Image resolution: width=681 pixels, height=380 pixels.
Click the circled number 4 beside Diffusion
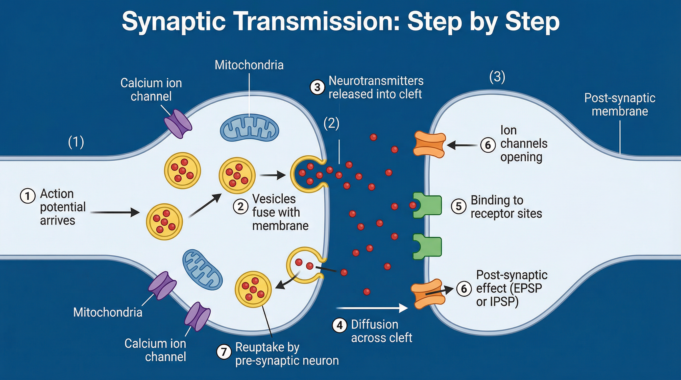click(x=340, y=325)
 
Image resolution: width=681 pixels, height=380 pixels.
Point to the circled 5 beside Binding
click(x=459, y=206)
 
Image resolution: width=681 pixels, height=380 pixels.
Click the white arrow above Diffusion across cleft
click(x=371, y=308)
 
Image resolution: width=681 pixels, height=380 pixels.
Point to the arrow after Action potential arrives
click(x=115, y=212)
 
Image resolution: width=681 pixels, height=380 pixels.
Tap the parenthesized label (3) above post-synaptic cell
click(x=497, y=77)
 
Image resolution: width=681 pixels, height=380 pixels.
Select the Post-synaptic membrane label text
click(x=619, y=104)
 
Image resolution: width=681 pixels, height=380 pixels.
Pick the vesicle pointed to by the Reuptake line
click(x=253, y=289)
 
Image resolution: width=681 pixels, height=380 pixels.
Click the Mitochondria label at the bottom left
click(x=108, y=312)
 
